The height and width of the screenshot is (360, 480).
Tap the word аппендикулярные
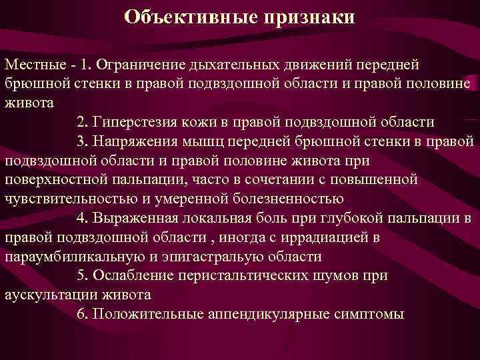click(264, 314)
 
